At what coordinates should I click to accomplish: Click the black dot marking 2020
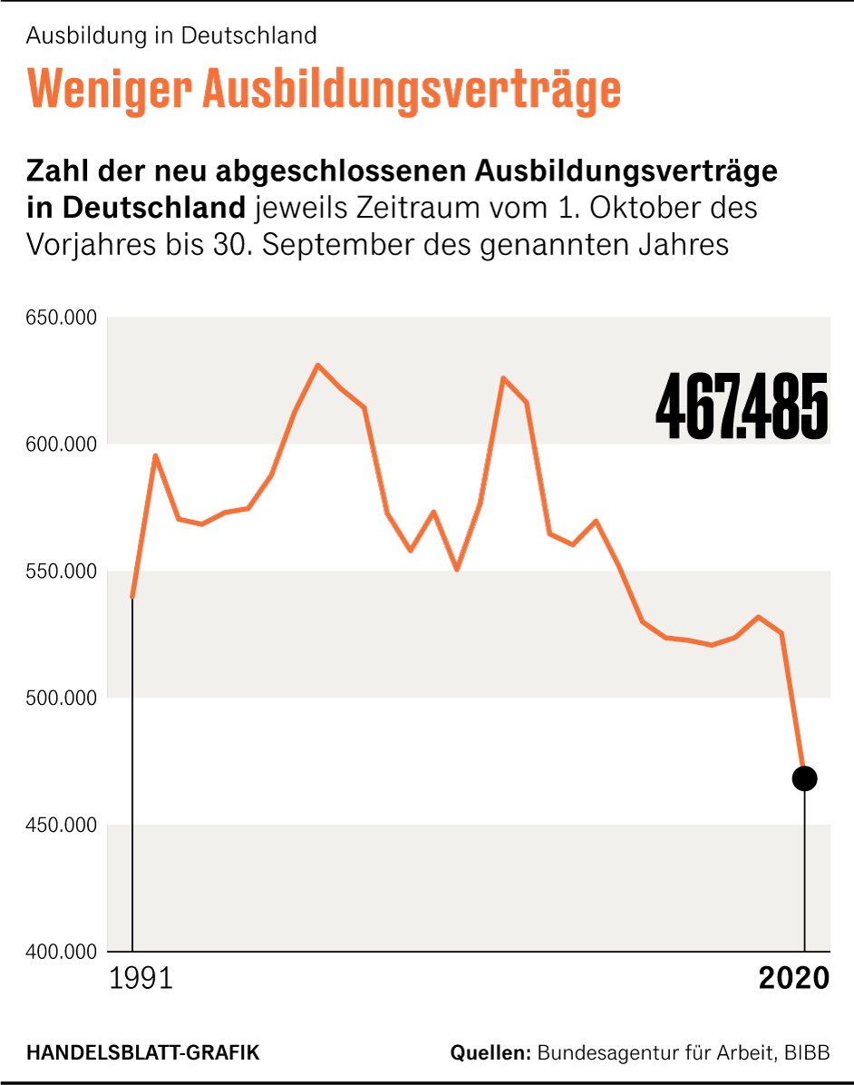pyautogui.click(x=804, y=777)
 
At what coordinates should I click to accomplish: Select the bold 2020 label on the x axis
pyautogui.click(x=794, y=979)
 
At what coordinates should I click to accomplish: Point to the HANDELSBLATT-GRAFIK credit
pyautogui.click(x=143, y=1053)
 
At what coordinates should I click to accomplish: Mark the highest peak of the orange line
pyautogui.click(x=318, y=366)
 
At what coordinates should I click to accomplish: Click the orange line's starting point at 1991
pyautogui.click(x=133, y=596)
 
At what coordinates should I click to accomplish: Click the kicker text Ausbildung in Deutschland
pyautogui.click(x=171, y=35)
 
